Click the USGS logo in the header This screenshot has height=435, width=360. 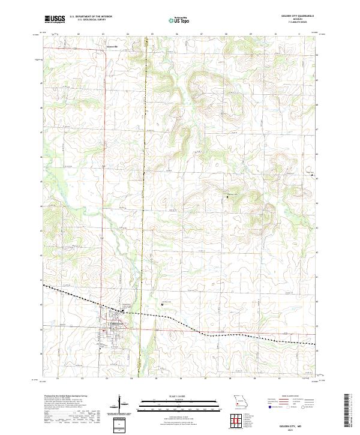pyautogui.click(x=54, y=19)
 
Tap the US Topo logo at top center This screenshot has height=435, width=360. pyautogui.click(x=179, y=20)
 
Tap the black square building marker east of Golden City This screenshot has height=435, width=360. pyautogui.click(x=163, y=304)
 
